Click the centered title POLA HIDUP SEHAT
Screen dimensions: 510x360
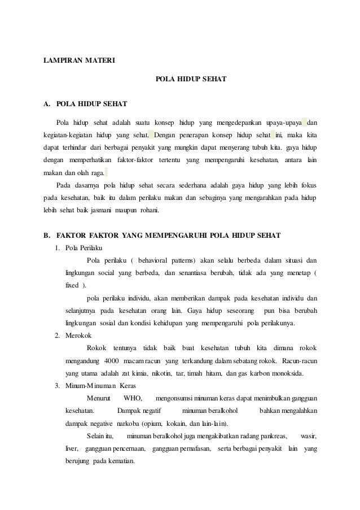pos(190,80)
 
